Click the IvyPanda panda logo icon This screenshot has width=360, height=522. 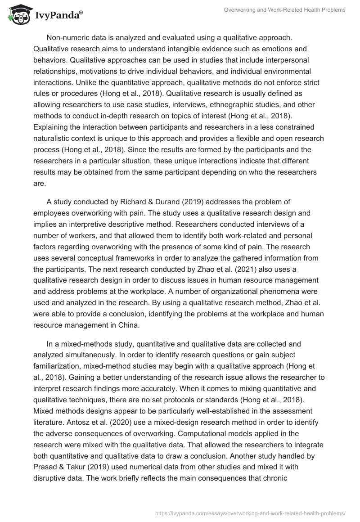tap(17, 15)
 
